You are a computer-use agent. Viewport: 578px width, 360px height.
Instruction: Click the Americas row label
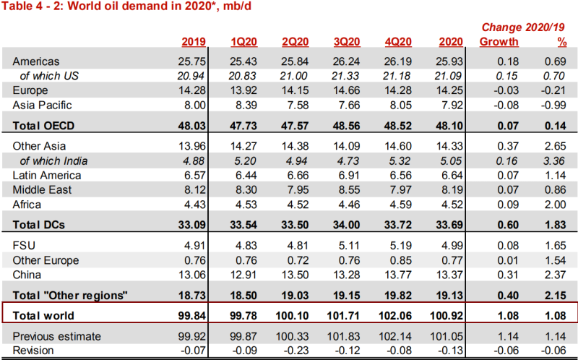(36, 62)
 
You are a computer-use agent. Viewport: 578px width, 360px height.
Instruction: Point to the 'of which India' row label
(51, 160)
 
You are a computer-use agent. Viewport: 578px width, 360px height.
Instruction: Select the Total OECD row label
(44, 125)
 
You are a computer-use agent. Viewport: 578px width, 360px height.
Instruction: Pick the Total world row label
(44, 315)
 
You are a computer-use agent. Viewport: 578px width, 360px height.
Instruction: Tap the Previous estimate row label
(57, 336)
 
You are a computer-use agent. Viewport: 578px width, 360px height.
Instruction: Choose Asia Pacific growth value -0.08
(500, 105)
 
